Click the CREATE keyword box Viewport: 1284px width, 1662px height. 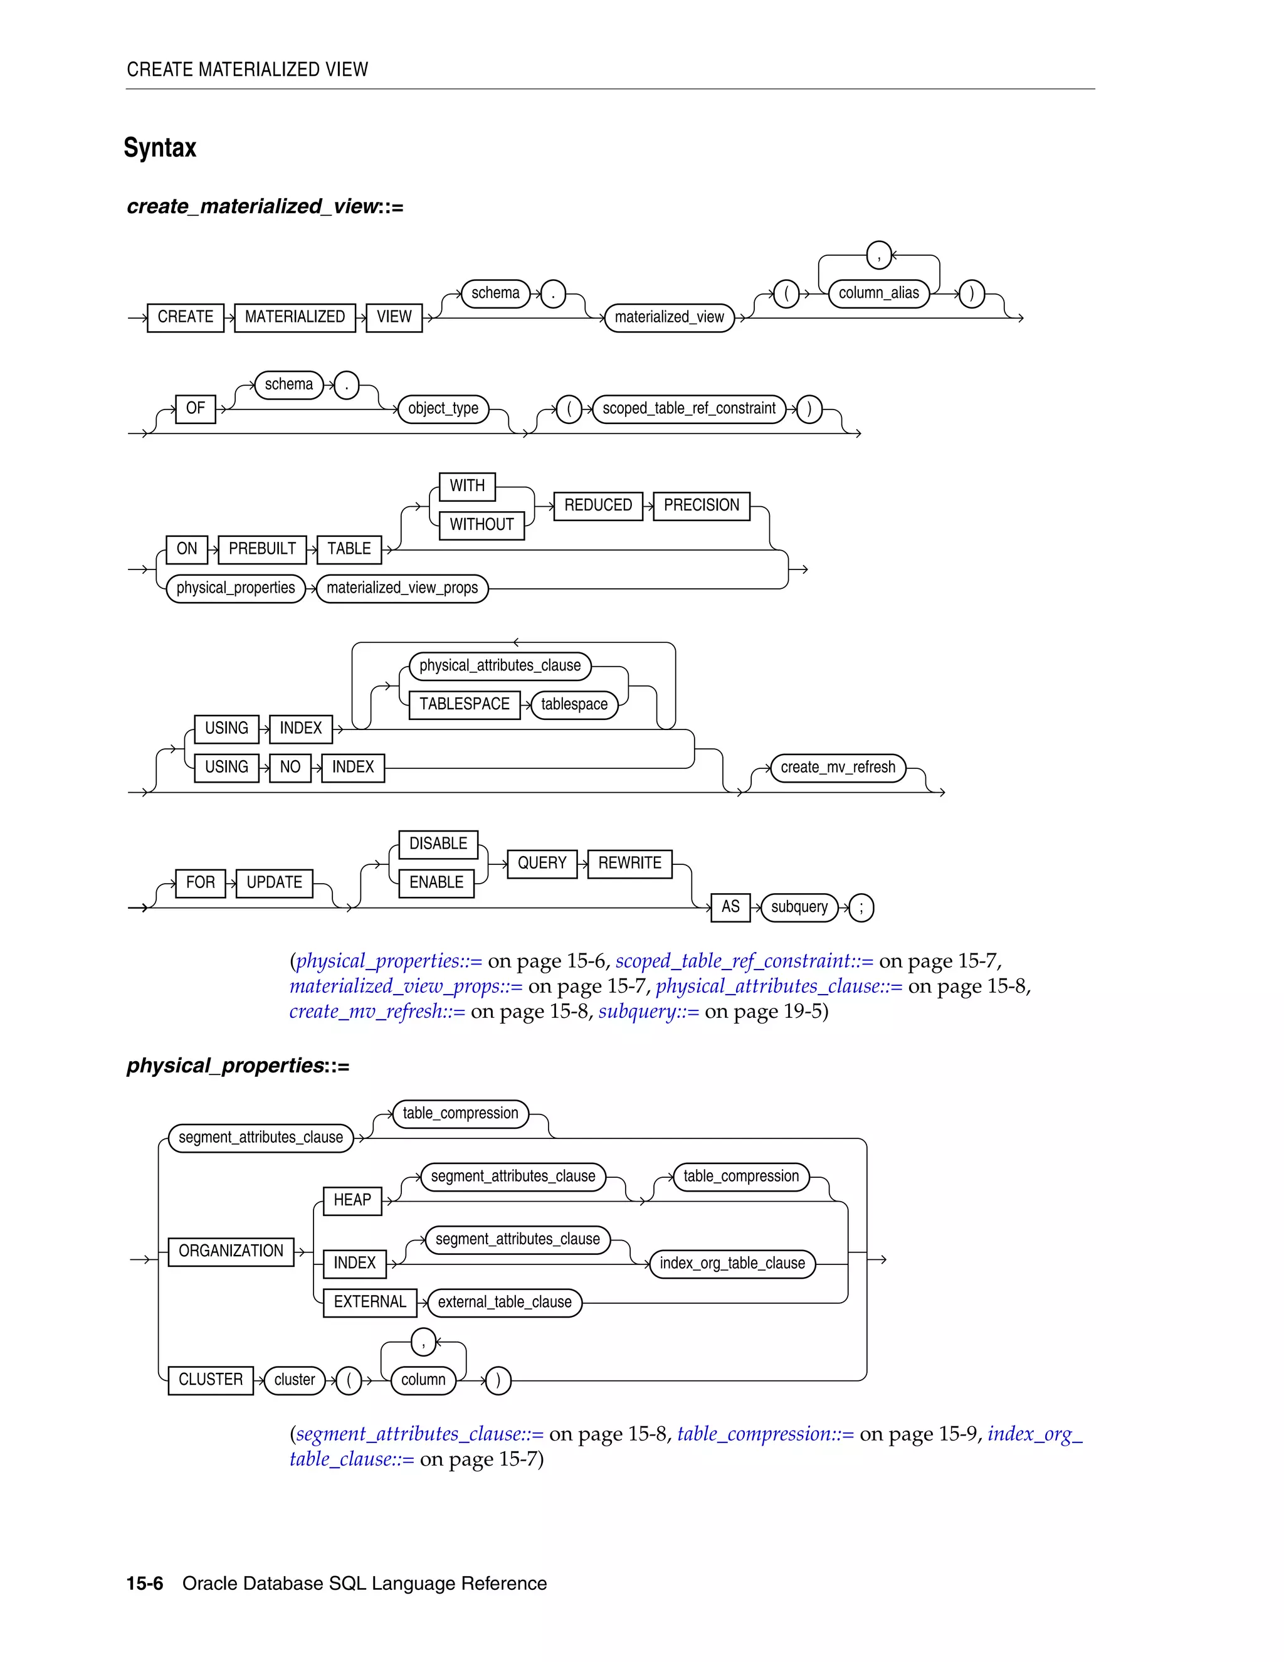tap(185, 317)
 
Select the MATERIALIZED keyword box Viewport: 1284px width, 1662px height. tap(295, 317)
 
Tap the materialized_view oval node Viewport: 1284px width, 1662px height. tap(670, 317)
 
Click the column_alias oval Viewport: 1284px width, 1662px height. tap(878, 293)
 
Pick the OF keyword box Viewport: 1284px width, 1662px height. tap(196, 409)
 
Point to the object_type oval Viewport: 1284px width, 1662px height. tap(443, 409)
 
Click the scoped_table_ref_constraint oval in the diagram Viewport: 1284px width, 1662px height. tap(688, 409)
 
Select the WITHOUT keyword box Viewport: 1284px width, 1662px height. tap(481, 525)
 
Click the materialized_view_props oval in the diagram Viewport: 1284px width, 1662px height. tap(402, 588)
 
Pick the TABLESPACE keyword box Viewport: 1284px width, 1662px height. tap(464, 705)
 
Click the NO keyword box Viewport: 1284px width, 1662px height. tap(290, 767)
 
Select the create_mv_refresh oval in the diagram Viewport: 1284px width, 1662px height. tap(838, 767)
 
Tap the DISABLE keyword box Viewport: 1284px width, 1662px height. tap(438, 844)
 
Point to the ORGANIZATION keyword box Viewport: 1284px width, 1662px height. tap(231, 1251)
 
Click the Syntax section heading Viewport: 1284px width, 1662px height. tap(160, 147)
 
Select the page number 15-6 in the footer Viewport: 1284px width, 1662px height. tap(145, 1584)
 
